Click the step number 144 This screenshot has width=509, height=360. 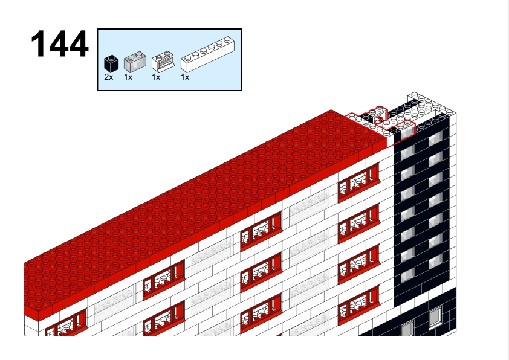pyautogui.click(x=59, y=43)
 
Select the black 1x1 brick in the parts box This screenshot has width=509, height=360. pyautogui.click(x=111, y=63)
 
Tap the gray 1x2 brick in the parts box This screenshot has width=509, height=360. pyautogui.click(x=135, y=62)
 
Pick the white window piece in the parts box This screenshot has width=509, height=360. pyautogui.click(x=163, y=62)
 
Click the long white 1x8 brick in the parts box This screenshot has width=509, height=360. pyautogui.click(x=207, y=54)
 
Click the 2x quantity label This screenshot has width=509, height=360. pyautogui.click(x=109, y=77)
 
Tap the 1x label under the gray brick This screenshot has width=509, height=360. pyautogui.click(x=128, y=77)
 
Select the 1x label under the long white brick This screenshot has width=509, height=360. pyautogui.click(x=185, y=77)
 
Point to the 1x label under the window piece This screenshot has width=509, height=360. pyautogui.click(x=156, y=77)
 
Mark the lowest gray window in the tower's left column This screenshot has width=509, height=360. pyautogui.click(x=407, y=275)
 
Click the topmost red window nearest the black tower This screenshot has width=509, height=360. pyautogui.click(x=358, y=182)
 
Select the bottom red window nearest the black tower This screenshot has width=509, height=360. pyautogui.click(x=358, y=306)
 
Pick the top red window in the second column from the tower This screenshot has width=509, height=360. pyautogui.click(x=261, y=231)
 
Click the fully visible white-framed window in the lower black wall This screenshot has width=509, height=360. pyautogui.click(x=435, y=317)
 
